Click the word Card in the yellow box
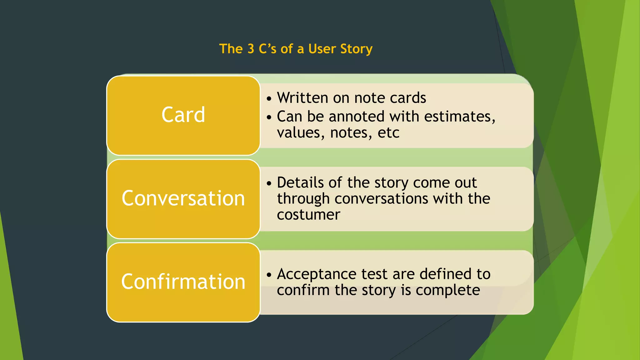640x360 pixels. [183, 115]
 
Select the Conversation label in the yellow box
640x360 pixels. [183, 198]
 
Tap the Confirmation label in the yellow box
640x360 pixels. [183, 282]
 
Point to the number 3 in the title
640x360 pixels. [251, 49]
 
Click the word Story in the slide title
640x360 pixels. [356, 49]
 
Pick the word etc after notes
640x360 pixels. [388, 133]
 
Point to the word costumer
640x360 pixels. [308, 215]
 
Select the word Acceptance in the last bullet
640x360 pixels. [317, 274]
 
